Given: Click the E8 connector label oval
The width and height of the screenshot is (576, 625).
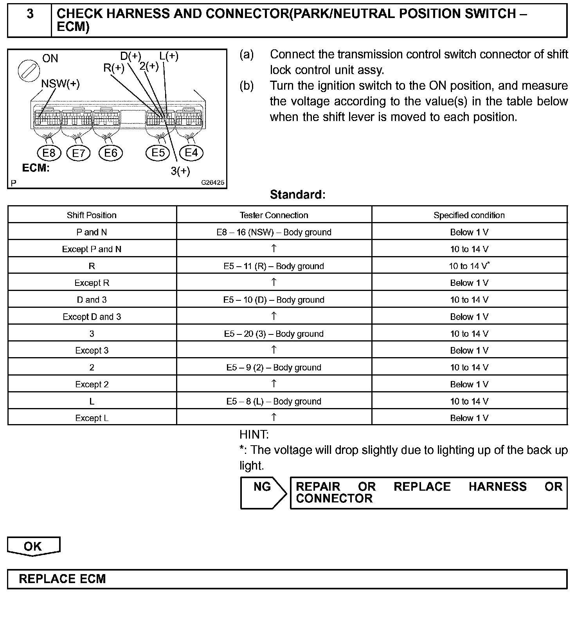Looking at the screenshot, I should click(x=49, y=153).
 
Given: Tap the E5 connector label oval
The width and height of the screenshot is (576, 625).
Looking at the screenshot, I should click(x=158, y=152).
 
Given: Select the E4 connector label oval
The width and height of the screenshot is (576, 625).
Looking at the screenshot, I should click(x=191, y=152).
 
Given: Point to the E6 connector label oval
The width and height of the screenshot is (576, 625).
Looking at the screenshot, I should click(x=111, y=153).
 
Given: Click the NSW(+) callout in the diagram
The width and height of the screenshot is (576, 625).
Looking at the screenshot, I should click(x=60, y=84).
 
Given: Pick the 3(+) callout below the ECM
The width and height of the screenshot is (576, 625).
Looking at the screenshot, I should click(x=180, y=171).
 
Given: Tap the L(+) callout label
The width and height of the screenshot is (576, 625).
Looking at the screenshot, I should click(x=169, y=56).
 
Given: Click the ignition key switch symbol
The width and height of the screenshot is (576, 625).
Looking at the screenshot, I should click(x=29, y=70).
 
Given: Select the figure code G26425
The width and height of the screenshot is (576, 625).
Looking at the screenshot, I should click(x=213, y=183).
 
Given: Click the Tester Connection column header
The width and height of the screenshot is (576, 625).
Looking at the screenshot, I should click(x=274, y=215).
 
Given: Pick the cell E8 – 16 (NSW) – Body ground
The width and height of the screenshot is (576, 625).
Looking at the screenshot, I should click(x=274, y=232).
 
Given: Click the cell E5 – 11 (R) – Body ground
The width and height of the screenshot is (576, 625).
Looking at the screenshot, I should click(x=274, y=266).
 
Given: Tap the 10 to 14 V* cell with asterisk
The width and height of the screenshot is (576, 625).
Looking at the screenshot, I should click(x=469, y=266).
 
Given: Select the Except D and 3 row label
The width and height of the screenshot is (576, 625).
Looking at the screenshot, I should click(x=92, y=317).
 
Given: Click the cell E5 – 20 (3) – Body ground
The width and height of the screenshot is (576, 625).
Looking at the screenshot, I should click(x=274, y=334).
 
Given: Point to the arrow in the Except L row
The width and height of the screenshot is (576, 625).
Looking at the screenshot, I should click(x=274, y=417).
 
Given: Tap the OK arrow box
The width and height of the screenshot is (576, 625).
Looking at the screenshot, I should click(x=33, y=546).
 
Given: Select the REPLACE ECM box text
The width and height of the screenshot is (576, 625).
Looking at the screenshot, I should click(x=63, y=579).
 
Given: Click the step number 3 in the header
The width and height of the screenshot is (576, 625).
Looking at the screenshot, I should click(x=30, y=14).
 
